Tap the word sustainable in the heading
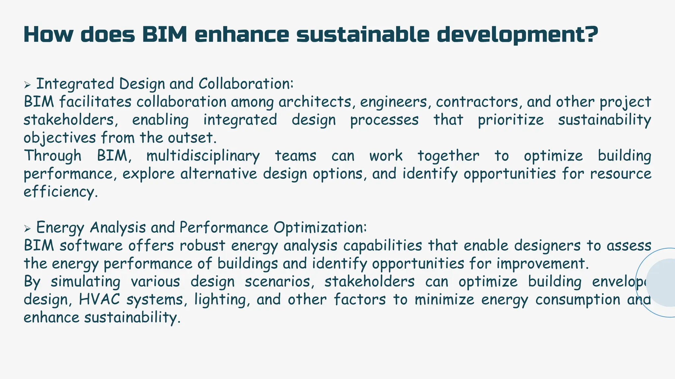(363, 34)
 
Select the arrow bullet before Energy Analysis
(27, 229)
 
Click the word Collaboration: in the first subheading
(246, 84)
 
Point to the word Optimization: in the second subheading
(320, 227)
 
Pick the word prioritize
(511, 120)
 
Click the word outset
(192, 138)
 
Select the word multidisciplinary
(203, 156)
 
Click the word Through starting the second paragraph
(53, 156)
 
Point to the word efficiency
(61, 192)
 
